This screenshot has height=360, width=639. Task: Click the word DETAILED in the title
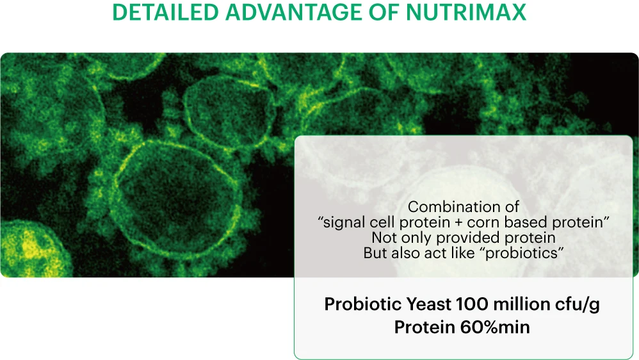165,12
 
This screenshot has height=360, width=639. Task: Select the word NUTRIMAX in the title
465,12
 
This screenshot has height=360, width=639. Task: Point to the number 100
471,304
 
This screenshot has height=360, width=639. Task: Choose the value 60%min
495,327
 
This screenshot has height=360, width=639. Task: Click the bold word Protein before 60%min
425,327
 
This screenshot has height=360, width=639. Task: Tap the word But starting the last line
375,253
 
